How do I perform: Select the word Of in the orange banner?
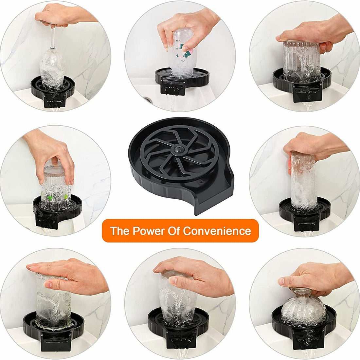[174, 231]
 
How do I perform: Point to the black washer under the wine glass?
[52, 90]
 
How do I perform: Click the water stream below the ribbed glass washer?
[309, 106]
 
